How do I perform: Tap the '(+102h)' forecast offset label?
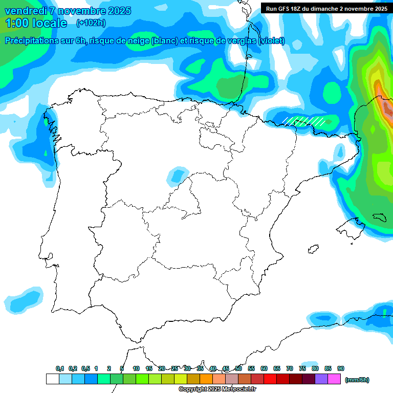click(91, 23)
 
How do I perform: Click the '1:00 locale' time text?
click(36, 23)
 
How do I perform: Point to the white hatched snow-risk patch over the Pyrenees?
click(304, 121)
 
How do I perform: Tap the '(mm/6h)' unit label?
click(357, 380)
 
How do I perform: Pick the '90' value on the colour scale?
click(341, 368)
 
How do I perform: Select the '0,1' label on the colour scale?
click(59, 368)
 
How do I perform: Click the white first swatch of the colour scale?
click(52, 379)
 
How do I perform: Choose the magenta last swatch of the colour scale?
click(334, 379)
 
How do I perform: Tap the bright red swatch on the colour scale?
click(270, 379)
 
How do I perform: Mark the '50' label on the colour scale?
click(238, 368)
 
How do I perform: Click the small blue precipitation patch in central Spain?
click(177, 175)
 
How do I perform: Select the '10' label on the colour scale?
click(136, 368)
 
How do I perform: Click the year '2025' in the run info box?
click(378, 8)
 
